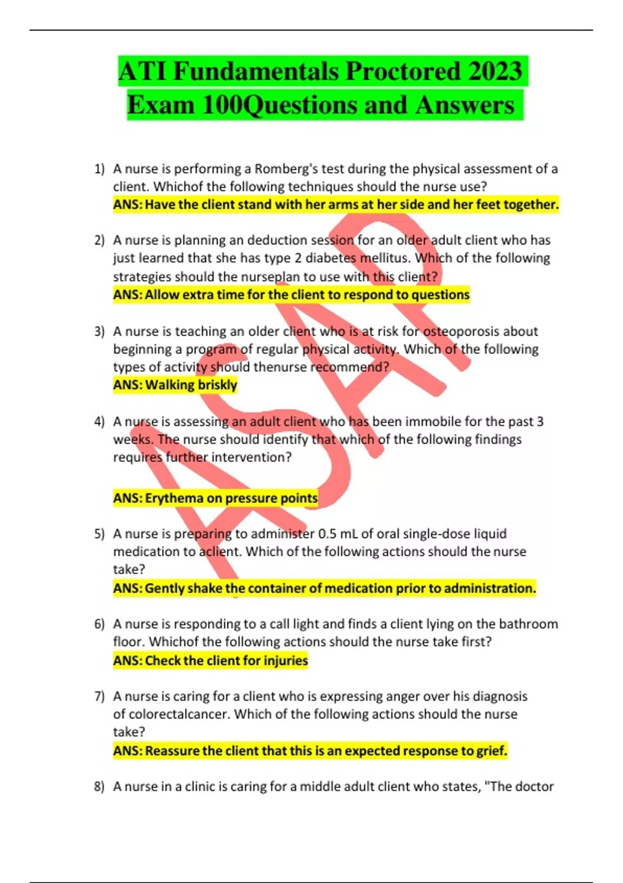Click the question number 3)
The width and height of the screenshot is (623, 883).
[99, 331]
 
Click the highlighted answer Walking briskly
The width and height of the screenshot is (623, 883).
[175, 385]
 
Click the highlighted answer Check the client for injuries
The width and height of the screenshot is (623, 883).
[211, 661]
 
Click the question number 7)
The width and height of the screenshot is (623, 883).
[99, 697]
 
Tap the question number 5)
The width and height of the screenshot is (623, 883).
[99, 534]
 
